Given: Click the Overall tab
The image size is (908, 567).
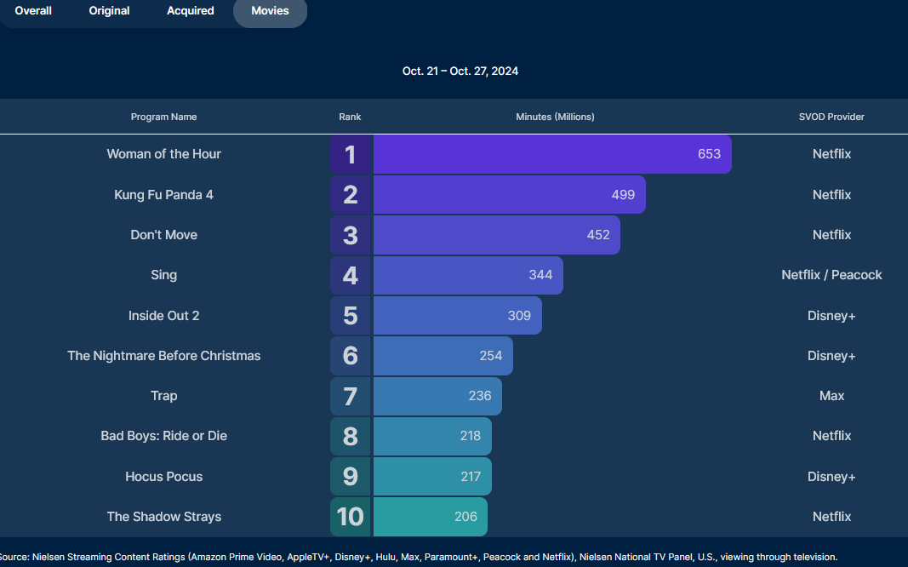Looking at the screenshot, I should (x=33, y=11).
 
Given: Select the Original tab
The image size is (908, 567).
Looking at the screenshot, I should (x=109, y=11).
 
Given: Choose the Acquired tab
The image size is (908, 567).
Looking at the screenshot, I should (x=190, y=11).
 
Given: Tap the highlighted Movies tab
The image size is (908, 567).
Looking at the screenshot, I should (x=270, y=11).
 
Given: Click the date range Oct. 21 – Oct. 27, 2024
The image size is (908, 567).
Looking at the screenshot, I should (x=460, y=72).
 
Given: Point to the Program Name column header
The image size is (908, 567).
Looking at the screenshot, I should (x=163, y=117).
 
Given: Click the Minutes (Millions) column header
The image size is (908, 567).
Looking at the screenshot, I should (x=555, y=117).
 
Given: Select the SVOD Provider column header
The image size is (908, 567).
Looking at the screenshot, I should (x=831, y=117).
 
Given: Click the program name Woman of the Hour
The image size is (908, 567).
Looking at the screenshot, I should (x=163, y=154).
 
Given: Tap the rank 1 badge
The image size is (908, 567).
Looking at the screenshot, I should (x=350, y=155).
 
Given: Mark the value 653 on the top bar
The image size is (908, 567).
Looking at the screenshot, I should (x=709, y=154).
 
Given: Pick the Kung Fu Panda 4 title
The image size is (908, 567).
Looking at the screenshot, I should (x=163, y=195).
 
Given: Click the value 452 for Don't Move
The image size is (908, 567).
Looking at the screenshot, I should (x=598, y=235).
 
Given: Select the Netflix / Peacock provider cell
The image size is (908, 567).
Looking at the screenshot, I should (x=831, y=275).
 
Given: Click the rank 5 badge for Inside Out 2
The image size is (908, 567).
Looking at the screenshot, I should (x=350, y=316).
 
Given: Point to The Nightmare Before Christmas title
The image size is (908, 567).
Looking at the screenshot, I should (x=163, y=356).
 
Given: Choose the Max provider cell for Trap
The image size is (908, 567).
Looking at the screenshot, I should (x=831, y=396).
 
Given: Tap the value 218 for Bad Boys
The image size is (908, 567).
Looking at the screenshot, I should (x=471, y=436).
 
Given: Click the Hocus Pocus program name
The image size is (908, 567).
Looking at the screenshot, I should (x=163, y=477).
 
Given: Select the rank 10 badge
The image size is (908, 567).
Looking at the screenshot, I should (x=350, y=517).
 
